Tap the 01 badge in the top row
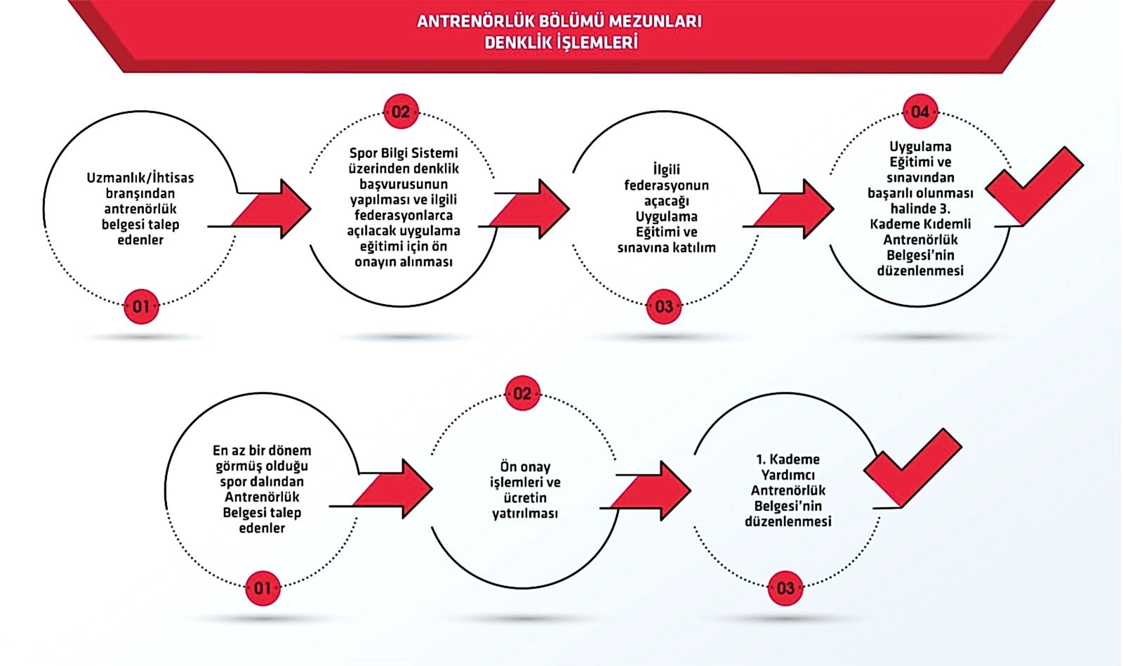click(141, 306)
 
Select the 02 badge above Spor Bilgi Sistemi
click(401, 112)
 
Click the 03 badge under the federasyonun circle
click(663, 306)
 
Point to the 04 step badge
click(919, 112)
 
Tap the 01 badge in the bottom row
click(262, 587)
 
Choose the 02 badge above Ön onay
click(522, 393)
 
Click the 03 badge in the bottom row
click(785, 587)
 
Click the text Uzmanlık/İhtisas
click(140, 178)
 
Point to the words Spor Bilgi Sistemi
click(403, 153)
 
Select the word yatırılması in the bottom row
click(525, 514)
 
